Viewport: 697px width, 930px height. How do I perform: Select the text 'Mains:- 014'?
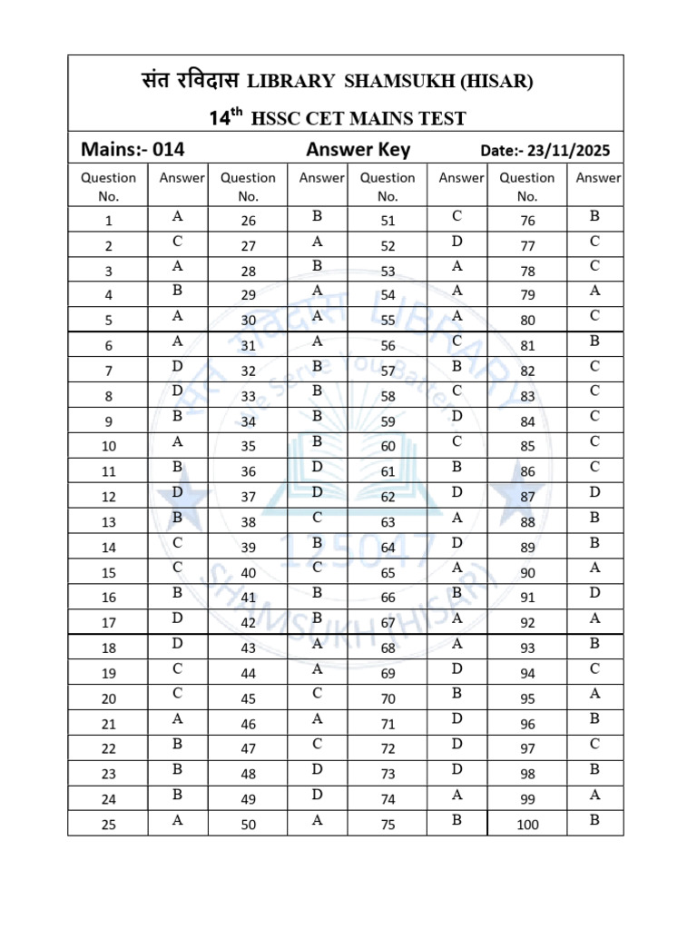tap(133, 150)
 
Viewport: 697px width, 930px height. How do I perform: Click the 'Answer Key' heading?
tap(358, 150)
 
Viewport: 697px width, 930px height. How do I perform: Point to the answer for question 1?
tap(177, 217)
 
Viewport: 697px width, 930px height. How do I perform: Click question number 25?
tap(109, 826)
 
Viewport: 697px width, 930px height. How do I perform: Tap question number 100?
tap(527, 826)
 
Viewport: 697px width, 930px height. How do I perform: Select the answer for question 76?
tap(594, 217)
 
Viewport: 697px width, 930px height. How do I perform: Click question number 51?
tap(388, 221)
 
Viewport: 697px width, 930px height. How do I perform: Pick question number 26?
tap(248, 221)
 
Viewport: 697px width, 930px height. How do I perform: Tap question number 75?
tap(388, 826)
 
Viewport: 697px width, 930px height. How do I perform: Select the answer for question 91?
tap(594, 592)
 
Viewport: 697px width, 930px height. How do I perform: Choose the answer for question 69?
tap(456, 668)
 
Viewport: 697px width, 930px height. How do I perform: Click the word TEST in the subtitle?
tap(441, 118)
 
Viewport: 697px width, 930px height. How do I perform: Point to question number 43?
tap(248, 648)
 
